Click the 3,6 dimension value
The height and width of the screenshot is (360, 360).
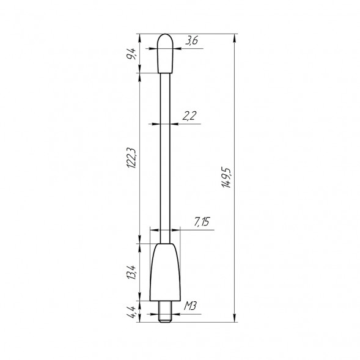point(191,40)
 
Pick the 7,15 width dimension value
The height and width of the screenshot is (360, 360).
point(201,223)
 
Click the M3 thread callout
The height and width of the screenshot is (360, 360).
point(190,306)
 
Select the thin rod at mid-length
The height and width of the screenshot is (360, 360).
point(165,159)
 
